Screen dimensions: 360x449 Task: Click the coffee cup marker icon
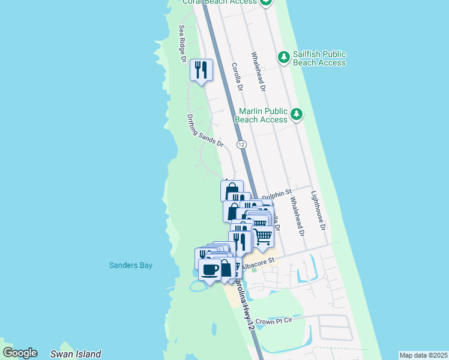click(210, 269)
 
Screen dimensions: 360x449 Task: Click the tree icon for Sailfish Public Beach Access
click(284, 58)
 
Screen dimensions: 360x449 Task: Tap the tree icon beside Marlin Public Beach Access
click(296, 114)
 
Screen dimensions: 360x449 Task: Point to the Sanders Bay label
click(130, 265)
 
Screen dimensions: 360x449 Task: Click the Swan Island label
click(76, 354)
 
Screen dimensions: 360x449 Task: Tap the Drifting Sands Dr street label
click(205, 131)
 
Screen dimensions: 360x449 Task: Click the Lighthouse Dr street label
click(318, 211)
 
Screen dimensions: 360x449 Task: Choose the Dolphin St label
click(276, 196)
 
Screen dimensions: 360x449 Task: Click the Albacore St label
click(259, 261)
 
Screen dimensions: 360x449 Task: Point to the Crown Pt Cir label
click(273, 322)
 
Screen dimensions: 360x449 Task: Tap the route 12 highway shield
click(241, 145)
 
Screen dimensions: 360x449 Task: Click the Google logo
click(20, 353)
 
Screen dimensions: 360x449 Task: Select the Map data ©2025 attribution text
click(423, 355)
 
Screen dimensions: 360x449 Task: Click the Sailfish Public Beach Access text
click(319, 58)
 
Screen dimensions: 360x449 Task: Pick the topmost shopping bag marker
click(231, 191)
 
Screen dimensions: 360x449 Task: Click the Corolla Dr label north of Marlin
click(237, 77)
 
